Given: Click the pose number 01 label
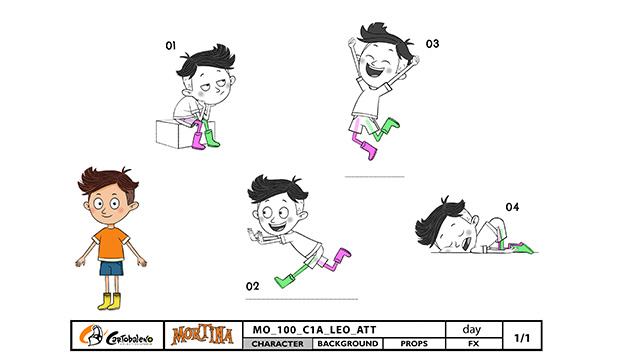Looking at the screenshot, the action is tap(171, 45).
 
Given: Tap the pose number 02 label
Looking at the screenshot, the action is tap(252, 286).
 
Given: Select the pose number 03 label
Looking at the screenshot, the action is tap(432, 44).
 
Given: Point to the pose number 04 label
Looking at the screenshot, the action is tap(512, 207).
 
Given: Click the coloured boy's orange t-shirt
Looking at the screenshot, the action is tap(111, 244).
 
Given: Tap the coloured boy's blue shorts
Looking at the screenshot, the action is tap(111, 268).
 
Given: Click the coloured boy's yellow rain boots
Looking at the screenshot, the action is tap(109, 301).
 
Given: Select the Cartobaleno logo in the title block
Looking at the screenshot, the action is tap(117, 336).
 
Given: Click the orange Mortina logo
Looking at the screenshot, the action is tap(202, 336).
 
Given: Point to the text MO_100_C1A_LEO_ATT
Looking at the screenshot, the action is tap(314, 330).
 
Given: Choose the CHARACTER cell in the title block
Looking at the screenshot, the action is tap(278, 344).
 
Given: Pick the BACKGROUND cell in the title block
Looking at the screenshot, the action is tap(348, 344).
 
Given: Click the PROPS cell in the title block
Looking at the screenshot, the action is tap(414, 344).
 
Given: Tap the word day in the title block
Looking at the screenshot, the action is tap(472, 329).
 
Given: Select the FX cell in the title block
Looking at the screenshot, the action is tap(473, 344).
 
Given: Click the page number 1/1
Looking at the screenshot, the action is tap(522, 338).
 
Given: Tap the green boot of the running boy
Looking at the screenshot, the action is tap(285, 281).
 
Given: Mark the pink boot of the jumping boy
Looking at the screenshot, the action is tap(369, 150).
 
